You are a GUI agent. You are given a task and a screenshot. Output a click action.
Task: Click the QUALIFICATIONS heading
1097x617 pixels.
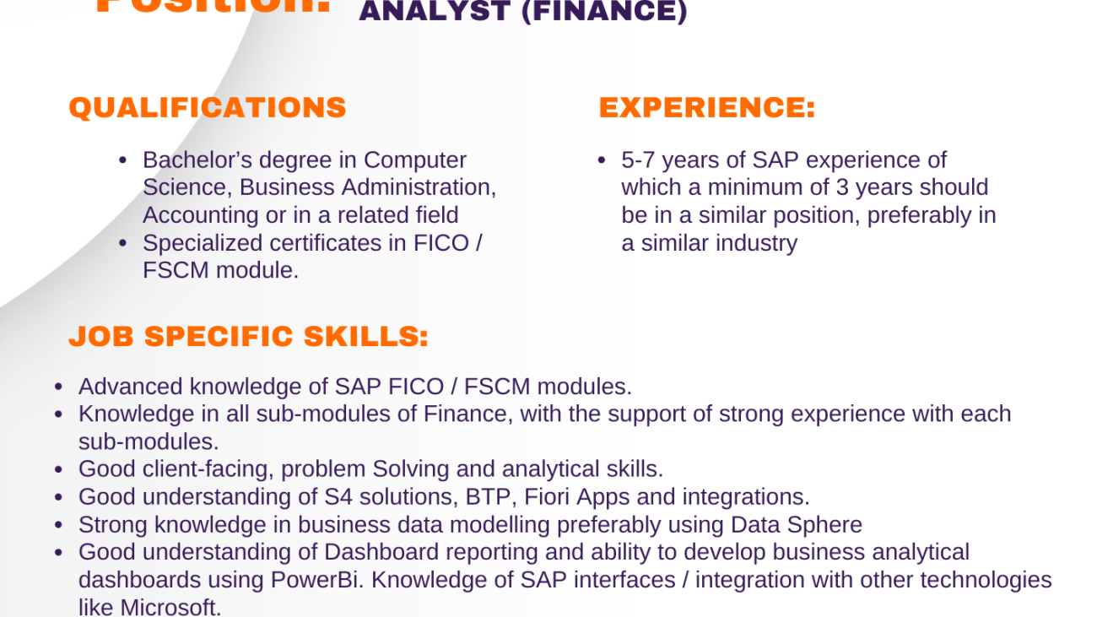[208, 108]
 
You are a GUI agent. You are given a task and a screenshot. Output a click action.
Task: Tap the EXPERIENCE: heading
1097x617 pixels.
[707, 108]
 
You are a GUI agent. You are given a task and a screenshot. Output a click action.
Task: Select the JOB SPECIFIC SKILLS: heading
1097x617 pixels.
[249, 337]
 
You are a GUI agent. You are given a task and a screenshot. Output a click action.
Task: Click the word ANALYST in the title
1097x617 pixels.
[434, 12]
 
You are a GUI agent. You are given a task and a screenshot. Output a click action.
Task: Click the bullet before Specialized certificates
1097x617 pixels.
[123, 243]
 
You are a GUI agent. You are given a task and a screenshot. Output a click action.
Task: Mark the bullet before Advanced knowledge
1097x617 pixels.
[59, 387]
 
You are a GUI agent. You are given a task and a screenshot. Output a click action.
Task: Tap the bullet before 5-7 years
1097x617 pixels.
[602, 160]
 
